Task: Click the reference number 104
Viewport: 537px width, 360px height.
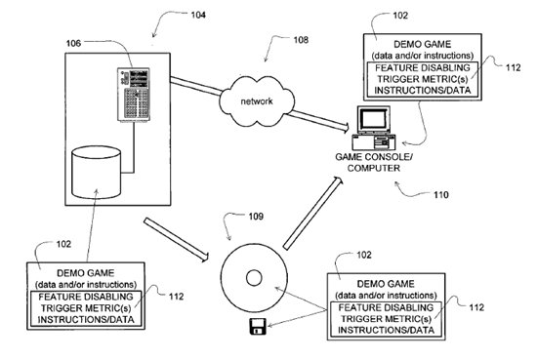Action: (x=198, y=15)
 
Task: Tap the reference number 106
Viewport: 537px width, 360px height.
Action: (x=73, y=43)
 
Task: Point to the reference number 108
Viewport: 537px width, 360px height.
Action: (x=301, y=40)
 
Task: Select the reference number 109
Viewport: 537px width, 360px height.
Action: (x=256, y=217)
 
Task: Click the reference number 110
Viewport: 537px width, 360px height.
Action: (x=440, y=195)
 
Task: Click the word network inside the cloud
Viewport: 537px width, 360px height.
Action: (x=257, y=101)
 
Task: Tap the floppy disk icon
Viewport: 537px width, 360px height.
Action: (x=258, y=326)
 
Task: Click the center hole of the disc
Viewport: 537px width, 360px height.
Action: (x=254, y=278)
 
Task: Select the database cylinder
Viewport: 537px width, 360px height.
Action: (x=96, y=172)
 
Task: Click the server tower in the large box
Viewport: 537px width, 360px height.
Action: (x=134, y=95)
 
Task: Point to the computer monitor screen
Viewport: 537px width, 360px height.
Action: (x=374, y=119)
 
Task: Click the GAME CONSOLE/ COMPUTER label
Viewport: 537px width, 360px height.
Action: (x=374, y=163)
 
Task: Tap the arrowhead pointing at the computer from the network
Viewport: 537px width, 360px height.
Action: (x=346, y=128)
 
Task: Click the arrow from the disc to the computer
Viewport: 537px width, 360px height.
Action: (x=312, y=213)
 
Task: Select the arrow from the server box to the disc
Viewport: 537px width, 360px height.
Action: (x=176, y=240)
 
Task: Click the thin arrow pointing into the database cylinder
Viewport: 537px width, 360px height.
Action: (x=92, y=225)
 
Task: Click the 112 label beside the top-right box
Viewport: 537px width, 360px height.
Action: (x=513, y=67)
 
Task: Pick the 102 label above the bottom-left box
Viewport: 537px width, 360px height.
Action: (x=63, y=244)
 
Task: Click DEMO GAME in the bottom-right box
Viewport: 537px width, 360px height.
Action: (x=386, y=284)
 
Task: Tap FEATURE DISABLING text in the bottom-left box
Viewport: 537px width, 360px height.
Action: (x=86, y=297)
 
